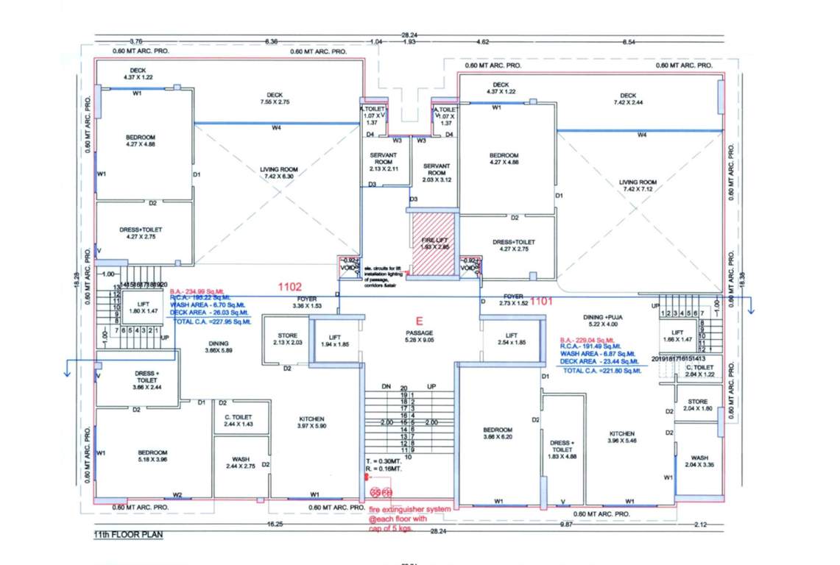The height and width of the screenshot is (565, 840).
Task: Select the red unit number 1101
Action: (x=542, y=300)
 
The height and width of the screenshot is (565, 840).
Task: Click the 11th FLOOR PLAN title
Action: (x=127, y=535)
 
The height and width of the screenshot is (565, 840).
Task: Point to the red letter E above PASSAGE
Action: (x=420, y=321)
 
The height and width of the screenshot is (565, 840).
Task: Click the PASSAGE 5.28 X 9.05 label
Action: (x=418, y=336)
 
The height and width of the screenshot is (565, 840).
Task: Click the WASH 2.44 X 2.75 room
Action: (x=240, y=463)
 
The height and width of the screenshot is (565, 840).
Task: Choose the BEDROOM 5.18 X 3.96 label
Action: (x=152, y=456)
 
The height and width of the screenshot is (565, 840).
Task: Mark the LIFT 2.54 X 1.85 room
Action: (x=511, y=338)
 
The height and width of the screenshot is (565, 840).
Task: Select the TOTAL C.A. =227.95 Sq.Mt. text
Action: (x=211, y=321)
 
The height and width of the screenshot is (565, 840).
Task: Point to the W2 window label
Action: (x=177, y=494)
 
